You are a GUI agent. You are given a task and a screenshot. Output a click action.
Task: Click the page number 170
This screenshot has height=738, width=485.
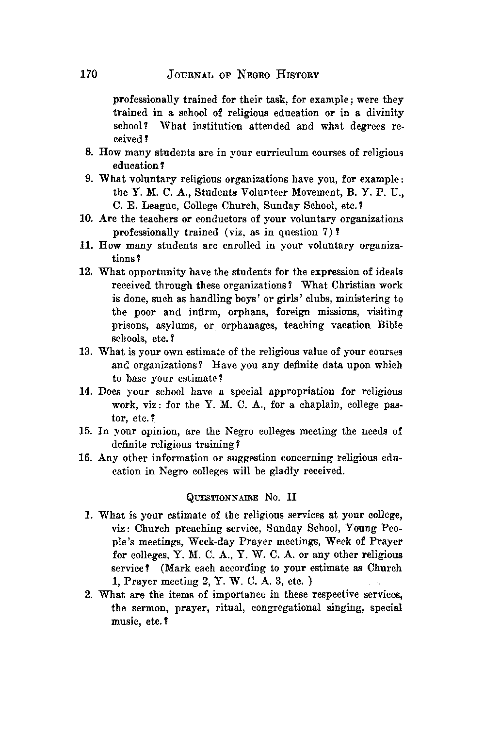coord(89,74)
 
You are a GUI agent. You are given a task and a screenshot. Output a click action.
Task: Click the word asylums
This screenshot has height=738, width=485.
coord(179,326)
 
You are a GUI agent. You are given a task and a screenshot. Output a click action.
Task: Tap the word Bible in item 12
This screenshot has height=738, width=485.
coord(391,325)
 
